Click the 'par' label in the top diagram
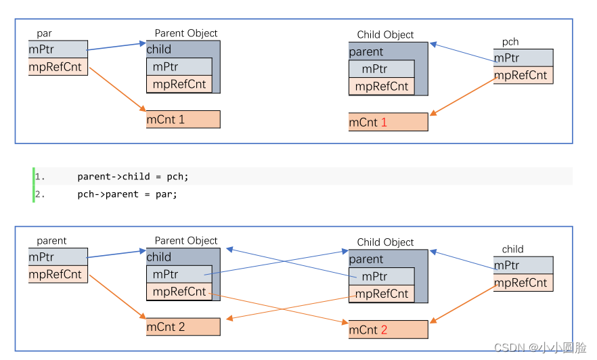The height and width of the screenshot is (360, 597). tap(44, 33)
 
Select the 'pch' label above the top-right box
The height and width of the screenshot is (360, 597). tap(510, 42)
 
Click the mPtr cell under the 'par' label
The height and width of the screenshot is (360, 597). tap(58, 49)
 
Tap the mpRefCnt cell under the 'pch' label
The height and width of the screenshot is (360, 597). tap(523, 75)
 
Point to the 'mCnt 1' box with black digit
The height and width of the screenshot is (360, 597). tap(183, 120)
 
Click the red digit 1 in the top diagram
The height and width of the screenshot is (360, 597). tap(384, 122)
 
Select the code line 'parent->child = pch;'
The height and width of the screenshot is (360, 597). tap(133, 177)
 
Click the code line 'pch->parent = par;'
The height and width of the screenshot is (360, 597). tap(127, 194)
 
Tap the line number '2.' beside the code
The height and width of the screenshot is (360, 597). tap(40, 194)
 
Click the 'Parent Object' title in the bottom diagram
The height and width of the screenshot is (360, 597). tap(186, 240)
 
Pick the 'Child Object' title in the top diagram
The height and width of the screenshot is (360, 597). tap(385, 35)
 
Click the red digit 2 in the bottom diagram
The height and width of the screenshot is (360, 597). tap(384, 330)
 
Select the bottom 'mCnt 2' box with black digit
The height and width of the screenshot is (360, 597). tap(183, 327)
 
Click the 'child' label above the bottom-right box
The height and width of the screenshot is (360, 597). tap(512, 249)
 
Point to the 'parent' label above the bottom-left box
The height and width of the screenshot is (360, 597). tap(51, 240)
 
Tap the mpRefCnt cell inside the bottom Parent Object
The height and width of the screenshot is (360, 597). tap(179, 292)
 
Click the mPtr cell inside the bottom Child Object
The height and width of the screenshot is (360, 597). tap(381, 276)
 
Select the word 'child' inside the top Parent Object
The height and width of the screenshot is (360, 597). tap(159, 49)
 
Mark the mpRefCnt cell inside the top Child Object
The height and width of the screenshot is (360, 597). tap(382, 86)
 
